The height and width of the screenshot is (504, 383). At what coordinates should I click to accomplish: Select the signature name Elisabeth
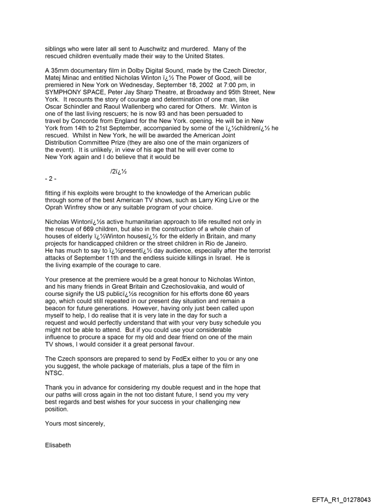pos(58,445)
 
